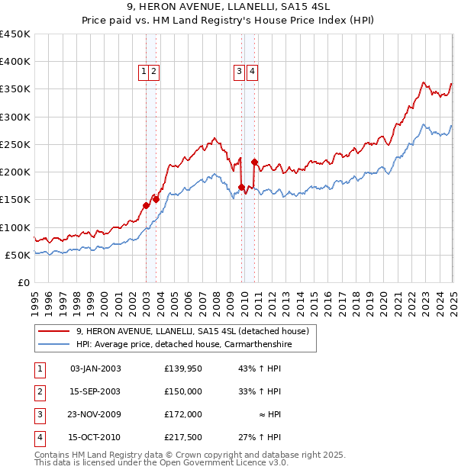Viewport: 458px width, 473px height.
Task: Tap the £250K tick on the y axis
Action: click(x=15, y=144)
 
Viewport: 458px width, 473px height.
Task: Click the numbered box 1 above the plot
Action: click(x=144, y=72)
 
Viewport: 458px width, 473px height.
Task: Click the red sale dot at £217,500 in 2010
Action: click(x=254, y=162)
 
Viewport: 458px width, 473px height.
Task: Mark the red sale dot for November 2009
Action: click(x=242, y=187)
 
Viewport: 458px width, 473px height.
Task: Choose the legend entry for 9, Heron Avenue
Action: click(x=192, y=331)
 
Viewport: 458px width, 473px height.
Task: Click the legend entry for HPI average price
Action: click(x=183, y=345)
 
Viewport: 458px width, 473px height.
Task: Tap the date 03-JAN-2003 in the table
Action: click(x=95, y=368)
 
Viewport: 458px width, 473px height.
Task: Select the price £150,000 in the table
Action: click(x=183, y=391)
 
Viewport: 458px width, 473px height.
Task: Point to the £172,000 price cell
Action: click(x=183, y=414)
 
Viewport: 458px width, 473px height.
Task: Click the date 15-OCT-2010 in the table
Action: click(x=95, y=437)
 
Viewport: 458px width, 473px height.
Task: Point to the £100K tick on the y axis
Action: click(x=15, y=227)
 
